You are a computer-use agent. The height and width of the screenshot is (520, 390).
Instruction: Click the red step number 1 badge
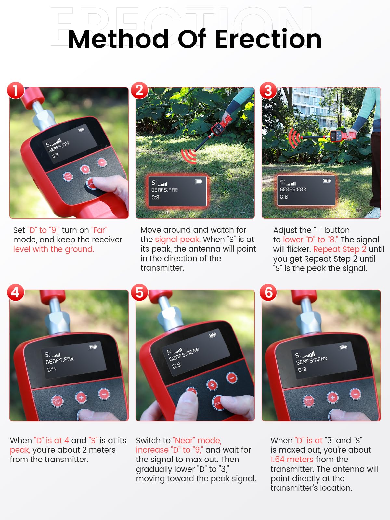pyautogui.click(x=16, y=90)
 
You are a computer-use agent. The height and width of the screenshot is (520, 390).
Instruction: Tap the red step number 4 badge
pyautogui.click(x=16, y=292)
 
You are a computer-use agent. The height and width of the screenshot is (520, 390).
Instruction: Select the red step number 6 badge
pyautogui.click(x=268, y=292)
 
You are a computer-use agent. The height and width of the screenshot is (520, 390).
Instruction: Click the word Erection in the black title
pyautogui.click(x=268, y=39)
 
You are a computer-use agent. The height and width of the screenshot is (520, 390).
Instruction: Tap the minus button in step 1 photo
pyautogui.click(x=102, y=162)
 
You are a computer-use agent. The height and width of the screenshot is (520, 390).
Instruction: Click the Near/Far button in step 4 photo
pyautogui.click(x=57, y=401)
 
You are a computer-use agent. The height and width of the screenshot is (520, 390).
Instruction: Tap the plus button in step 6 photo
pyautogui.click(x=332, y=397)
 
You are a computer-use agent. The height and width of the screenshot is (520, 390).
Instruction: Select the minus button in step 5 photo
pyautogui.click(x=232, y=377)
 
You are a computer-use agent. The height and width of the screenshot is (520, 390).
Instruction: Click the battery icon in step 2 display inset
pyautogui.click(x=199, y=181)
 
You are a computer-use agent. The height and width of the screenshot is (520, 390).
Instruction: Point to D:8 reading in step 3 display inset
pyautogui.click(x=284, y=197)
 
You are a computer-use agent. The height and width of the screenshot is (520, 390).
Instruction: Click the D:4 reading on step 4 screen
pyautogui.click(x=51, y=369)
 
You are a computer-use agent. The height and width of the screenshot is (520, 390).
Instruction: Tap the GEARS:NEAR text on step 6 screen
pyautogui.click(x=312, y=360)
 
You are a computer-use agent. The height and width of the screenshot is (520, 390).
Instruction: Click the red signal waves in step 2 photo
pyautogui.click(x=189, y=156)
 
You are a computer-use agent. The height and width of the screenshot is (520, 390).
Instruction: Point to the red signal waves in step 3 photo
pyautogui.click(x=294, y=138)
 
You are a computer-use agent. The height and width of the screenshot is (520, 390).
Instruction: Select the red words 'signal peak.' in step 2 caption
pyautogui.click(x=178, y=239)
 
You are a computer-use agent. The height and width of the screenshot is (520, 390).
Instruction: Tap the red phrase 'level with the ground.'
pyautogui.click(x=54, y=249)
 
